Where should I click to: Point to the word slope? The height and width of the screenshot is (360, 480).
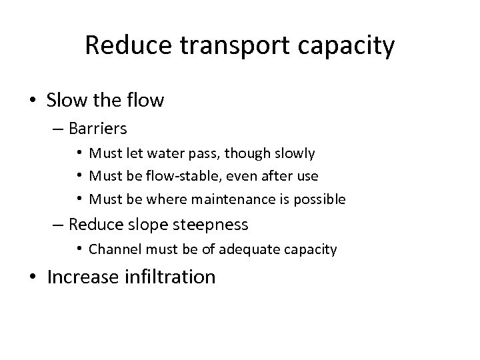tap(151, 225)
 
